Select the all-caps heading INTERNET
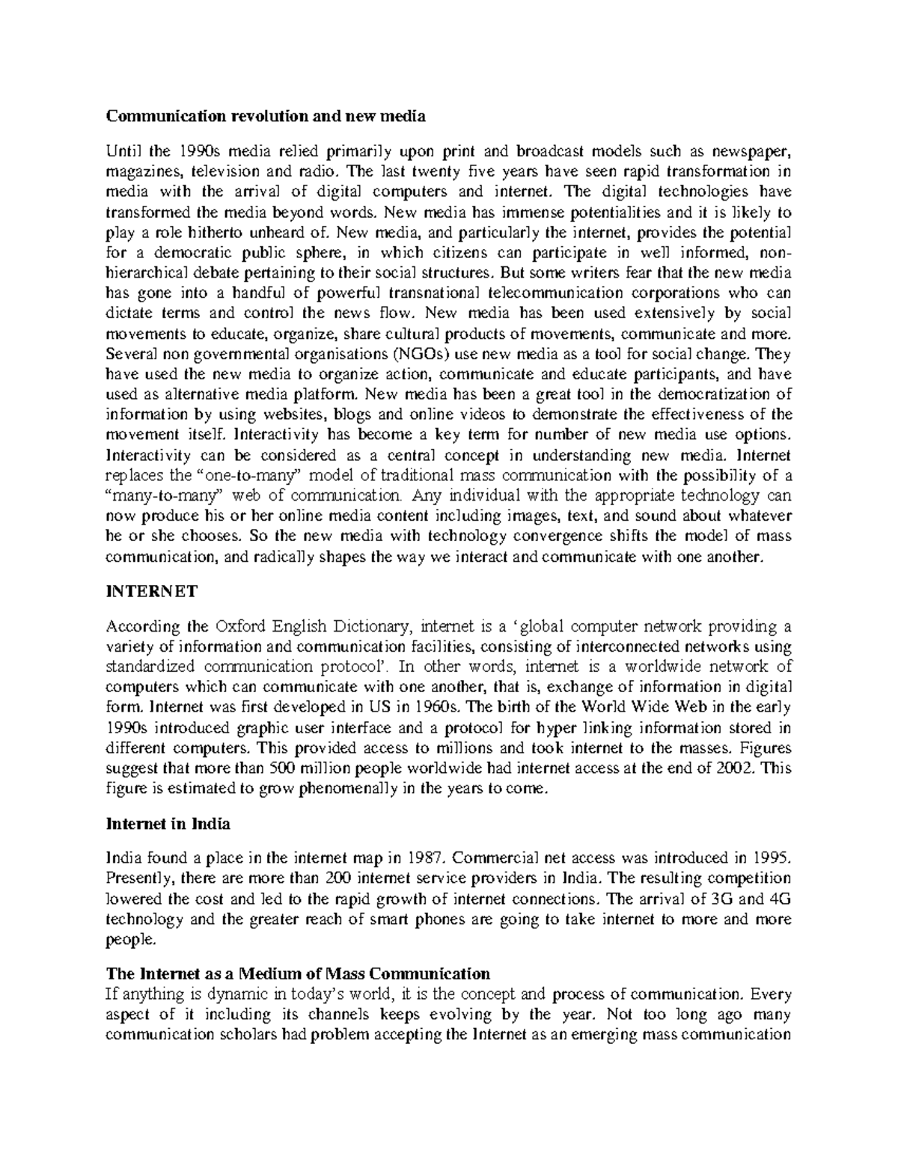pyautogui.click(x=151, y=591)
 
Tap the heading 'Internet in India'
pyautogui.click(x=168, y=824)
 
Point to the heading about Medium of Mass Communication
pyautogui.click(x=298, y=973)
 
